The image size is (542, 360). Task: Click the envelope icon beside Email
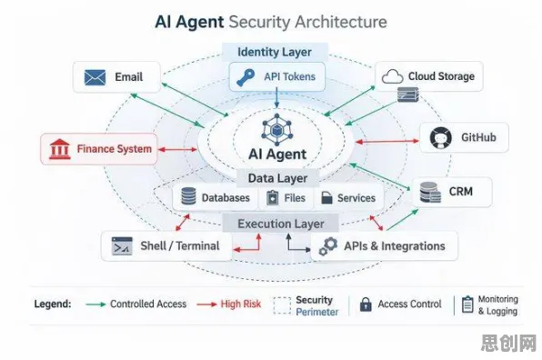point(95,77)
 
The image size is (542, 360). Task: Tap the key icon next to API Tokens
point(246,77)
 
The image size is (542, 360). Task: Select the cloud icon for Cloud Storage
point(392,76)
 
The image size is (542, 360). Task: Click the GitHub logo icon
point(441,138)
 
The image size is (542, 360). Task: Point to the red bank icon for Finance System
point(60,149)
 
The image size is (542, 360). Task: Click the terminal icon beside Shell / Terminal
point(122,246)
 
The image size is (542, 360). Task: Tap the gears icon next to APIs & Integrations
point(328,246)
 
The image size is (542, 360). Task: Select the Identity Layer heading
point(275,52)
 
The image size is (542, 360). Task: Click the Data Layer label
point(277,178)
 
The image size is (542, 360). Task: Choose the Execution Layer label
point(281,224)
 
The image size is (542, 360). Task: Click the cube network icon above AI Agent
point(276,129)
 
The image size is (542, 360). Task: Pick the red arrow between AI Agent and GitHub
point(387,141)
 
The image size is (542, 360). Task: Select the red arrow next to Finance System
point(177,149)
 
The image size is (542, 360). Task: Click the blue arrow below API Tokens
point(276,97)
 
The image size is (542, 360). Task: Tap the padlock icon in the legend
point(366,305)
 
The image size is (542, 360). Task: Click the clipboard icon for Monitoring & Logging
point(467,305)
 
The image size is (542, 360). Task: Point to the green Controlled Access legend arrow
point(95,305)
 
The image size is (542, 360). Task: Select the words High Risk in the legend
point(241,304)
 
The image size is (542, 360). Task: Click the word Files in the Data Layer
point(295,198)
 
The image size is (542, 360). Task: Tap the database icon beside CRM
point(430,192)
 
